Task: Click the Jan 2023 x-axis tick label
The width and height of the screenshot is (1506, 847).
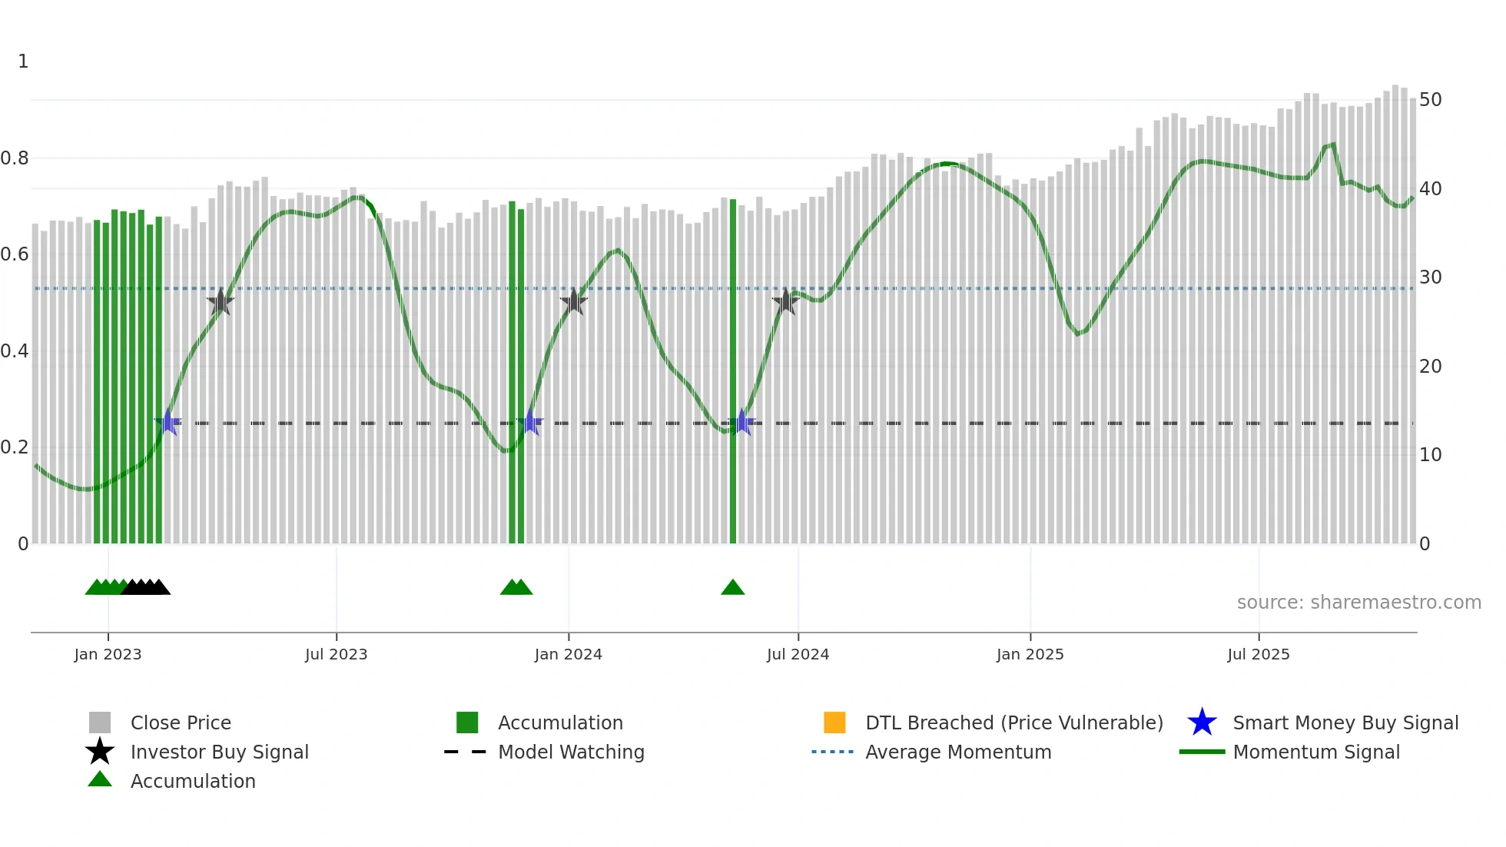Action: click(108, 654)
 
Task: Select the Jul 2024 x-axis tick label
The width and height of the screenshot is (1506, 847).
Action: click(798, 654)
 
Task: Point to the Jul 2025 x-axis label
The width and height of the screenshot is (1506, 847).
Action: click(1258, 654)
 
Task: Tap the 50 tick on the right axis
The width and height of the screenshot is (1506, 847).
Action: click(1430, 100)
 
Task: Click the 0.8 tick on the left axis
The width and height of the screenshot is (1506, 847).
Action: click(15, 158)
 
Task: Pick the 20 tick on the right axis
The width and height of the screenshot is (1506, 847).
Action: click(1430, 366)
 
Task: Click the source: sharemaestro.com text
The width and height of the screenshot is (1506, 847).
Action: click(1358, 603)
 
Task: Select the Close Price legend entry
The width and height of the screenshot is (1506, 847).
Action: click(181, 722)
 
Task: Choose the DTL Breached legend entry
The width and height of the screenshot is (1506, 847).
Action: click(1013, 722)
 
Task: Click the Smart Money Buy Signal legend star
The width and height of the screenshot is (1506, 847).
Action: click(1202, 722)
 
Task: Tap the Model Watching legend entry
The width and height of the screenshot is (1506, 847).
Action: click(571, 752)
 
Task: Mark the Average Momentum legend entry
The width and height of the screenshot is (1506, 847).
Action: click(958, 752)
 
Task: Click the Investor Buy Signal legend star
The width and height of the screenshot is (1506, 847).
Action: click(100, 752)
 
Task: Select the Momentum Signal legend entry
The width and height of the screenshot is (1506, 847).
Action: click(1316, 752)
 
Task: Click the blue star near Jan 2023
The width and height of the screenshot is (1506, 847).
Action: click(168, 422)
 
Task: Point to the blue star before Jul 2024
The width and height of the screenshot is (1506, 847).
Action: click(741, 422)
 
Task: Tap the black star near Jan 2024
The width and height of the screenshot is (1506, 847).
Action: click(573, 302)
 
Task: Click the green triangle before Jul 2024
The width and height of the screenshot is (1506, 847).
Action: click(733, 588)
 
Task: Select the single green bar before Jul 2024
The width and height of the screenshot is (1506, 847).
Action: click(733, 369)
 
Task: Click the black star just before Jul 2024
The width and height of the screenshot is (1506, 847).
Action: click(785, 302)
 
